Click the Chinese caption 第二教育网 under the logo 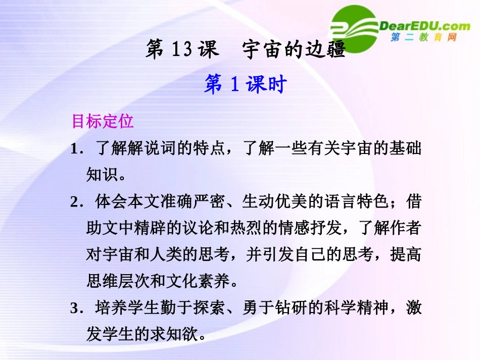(423, 38)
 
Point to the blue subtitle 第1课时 (245, 84)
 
